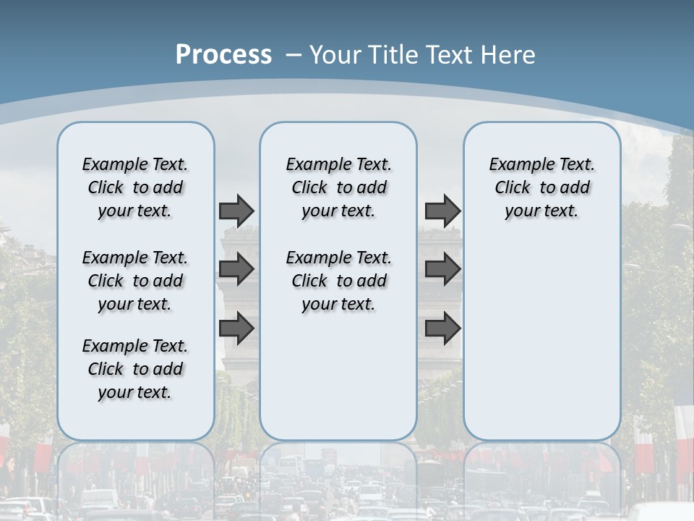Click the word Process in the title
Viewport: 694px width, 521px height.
click(x=223, y=54)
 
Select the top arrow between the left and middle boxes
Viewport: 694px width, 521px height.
click(x=236, y=211)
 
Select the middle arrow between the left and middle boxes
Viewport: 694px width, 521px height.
click(x=236, y=269)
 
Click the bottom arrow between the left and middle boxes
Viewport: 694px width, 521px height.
click(x=236, y=328)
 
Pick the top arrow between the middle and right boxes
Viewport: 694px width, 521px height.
click(x=442, y=211)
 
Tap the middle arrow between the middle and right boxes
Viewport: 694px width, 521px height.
click(x=442, y=269)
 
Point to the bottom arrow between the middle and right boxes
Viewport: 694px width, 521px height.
click(x=442, y=328)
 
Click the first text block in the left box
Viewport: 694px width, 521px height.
click(x=135, y=187)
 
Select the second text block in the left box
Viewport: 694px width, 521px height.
click(x=135, y=281)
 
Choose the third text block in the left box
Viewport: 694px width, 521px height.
click(x=135, y=369)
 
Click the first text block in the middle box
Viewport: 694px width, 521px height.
click(x=338, y=187)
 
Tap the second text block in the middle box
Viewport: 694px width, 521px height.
click(x=338, y=281)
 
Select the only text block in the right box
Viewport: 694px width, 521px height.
click(x=541, y=187)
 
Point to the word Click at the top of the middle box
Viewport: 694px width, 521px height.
click(x=309, y=188)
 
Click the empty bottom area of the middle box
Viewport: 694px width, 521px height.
click(x=338, y=384)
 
